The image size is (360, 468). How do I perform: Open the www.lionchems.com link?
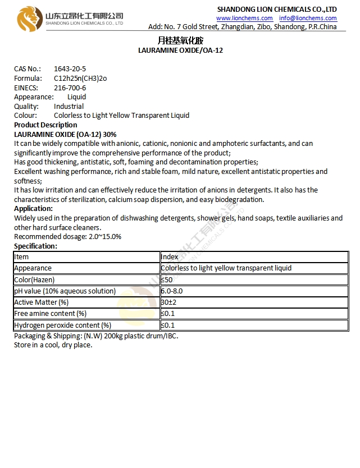coord(244,18)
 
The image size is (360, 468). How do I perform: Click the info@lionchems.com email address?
coord(308,18)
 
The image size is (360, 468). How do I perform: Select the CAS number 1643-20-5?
coord(70,69)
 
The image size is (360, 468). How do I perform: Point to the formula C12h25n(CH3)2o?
coord(80,79)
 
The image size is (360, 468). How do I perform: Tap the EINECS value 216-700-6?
coord(70,88)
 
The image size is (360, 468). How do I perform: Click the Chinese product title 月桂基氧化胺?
coord(180,40)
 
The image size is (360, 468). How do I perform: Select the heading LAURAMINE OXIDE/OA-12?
coord(180,51)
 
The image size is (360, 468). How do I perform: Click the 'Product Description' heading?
coord(45,125)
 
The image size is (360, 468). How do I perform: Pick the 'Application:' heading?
coord(33,209)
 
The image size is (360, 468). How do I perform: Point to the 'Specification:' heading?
coord(35,246)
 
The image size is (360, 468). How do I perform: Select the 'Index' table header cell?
coord(170,257)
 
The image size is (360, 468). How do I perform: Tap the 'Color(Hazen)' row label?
coord(34,279)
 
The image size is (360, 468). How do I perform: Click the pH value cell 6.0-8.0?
coord(172,291)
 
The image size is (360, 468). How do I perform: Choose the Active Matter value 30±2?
coord(168,302)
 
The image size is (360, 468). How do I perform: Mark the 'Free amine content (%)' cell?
coord(50,314)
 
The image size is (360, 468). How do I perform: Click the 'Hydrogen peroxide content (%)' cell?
coord(62,325)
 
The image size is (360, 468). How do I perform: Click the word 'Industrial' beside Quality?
coord(69,107)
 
